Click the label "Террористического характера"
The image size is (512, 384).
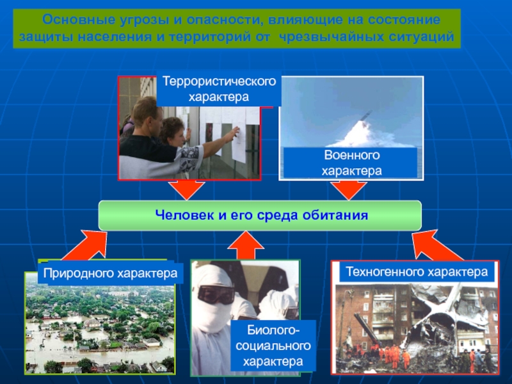[219, 90]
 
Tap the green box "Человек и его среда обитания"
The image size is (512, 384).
[260, 215]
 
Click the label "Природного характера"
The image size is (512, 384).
[110, 274]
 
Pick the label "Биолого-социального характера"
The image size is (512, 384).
[273, 346]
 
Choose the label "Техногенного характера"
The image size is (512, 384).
[417, 272]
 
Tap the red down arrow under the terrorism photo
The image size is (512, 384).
[187, 190]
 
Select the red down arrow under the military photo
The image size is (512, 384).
[348, 190]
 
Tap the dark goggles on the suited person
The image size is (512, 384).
[216, 294]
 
